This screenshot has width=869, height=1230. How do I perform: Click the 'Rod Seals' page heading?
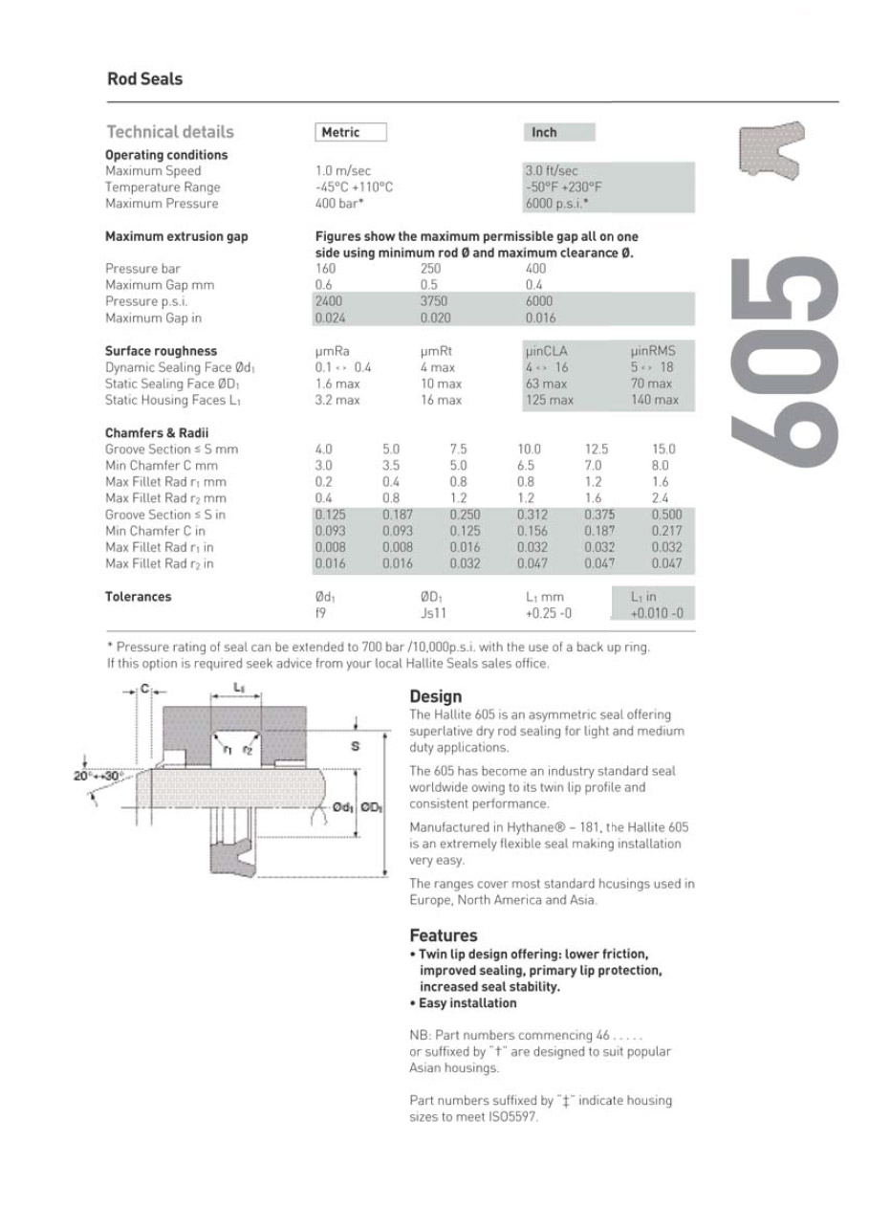[x=144, y=79]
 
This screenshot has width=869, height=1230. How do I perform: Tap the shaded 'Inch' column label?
[x=544, y=133]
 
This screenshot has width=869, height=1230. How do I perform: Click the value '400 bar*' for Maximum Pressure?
[x=339, y=204]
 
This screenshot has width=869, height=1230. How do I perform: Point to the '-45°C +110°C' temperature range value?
[x=354, y=187]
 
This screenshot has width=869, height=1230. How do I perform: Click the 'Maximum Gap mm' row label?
[x=160, y=285]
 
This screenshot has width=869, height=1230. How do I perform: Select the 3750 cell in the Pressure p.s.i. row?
[x=434, y=301]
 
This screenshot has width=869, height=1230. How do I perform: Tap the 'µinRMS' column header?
[x=653, y=351]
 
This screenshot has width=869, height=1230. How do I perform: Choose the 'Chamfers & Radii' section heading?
[x=157, y=433]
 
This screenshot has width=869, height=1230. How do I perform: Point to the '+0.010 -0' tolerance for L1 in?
[x=657, y=613]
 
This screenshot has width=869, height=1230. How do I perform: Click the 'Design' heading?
[x=435, y=696]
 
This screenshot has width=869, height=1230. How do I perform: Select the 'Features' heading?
[x=443, y=934]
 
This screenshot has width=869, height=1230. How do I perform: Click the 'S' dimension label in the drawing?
[x=356, y=746]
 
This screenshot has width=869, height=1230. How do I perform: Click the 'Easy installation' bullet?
[x=467, y=1003]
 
